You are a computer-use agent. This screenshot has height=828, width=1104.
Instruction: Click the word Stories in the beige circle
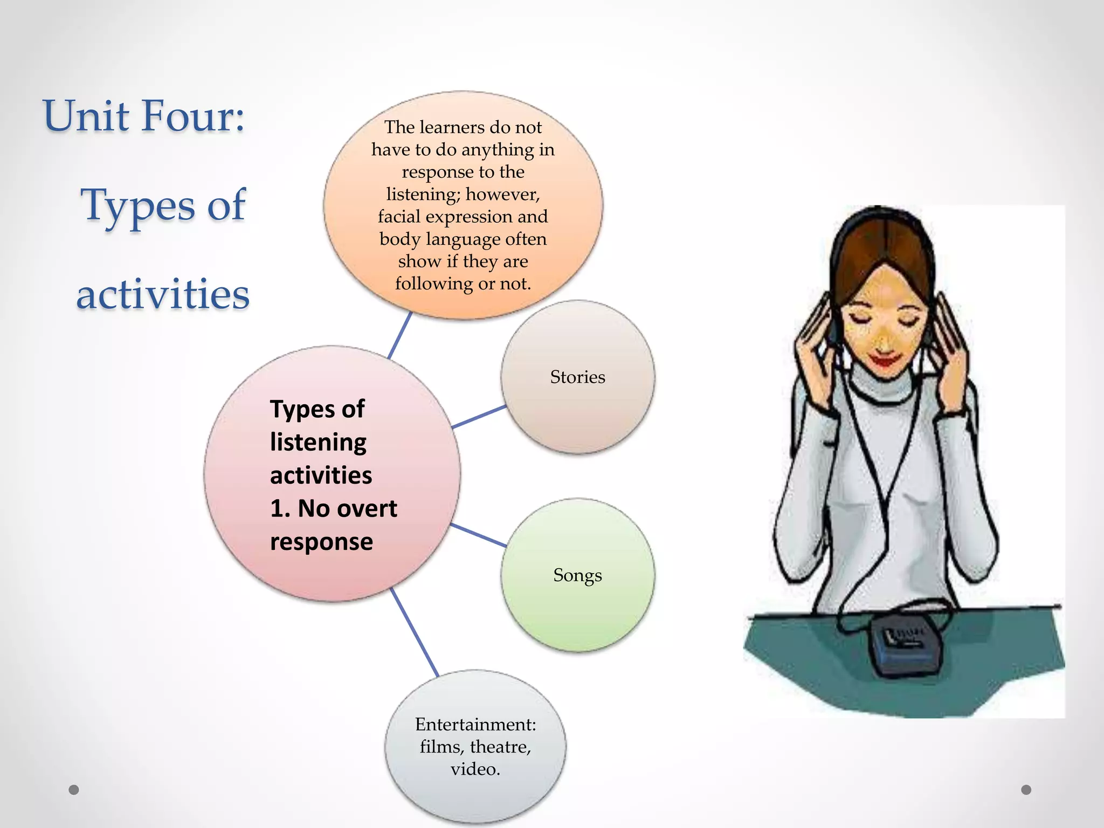[x=577, y=377]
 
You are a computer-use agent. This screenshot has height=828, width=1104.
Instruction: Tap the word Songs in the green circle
[x=577, y=575]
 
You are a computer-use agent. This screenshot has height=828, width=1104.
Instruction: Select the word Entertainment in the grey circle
[x=474, y=724]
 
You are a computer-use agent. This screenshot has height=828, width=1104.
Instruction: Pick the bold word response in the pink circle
[x=321, y=542]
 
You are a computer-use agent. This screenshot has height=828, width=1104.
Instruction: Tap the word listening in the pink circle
[x=318, y=443]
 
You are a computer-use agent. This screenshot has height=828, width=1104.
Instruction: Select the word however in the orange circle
[x=502, y=194]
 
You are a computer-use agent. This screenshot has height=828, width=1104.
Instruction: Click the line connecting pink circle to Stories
[x=479, y=417]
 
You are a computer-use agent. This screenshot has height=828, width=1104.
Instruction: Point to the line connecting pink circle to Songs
[x=478, y=535]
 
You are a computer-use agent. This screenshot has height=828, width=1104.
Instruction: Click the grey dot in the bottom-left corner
[x=74, y=790]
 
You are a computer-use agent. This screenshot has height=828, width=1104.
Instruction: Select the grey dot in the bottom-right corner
[x=1026, y=790]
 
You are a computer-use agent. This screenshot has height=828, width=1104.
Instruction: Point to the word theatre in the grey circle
[x=500, y=747]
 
